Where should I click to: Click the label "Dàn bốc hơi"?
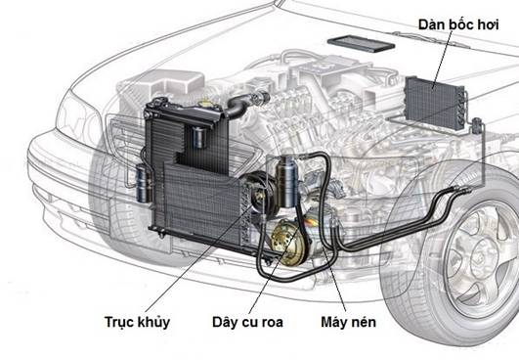click(458, 24)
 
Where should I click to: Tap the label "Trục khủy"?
click(138, 322)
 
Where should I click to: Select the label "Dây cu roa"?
click(247, 322)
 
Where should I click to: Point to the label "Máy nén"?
click(348, 322)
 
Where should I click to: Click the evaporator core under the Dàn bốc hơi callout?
click(434, 103)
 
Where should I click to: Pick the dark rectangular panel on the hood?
click(361, 43)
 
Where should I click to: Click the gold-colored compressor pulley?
click(288, 243)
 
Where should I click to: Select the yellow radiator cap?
click(206, 104)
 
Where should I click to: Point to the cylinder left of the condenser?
click(144, 183)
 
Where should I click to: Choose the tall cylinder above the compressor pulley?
click(287, 182)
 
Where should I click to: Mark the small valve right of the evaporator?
click(476, 126)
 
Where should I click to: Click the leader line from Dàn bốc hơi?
click(443, 60)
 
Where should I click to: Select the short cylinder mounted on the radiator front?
click(199, 137)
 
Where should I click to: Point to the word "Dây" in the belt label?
click(226, 322)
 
